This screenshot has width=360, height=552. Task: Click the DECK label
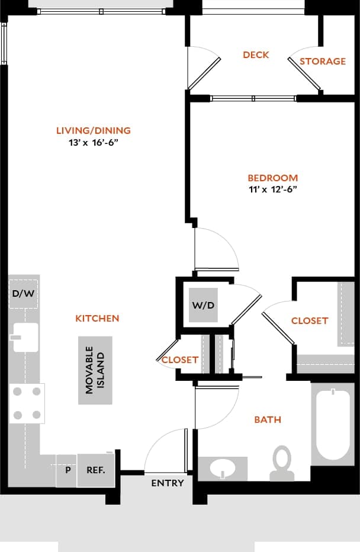(x=256, y=55)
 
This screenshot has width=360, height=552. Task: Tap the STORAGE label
(x=323, y=62)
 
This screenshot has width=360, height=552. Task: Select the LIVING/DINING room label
(x=94, y=131)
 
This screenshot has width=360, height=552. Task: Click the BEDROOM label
(x=272, y=178)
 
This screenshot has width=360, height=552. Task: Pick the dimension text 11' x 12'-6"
(x=272, y=190)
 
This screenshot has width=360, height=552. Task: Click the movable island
(x=95, y=370)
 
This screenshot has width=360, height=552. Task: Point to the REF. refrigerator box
(x=96, y=470)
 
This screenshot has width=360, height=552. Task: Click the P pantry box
(x=67, y=470)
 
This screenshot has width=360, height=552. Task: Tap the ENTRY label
(x=168, y=483)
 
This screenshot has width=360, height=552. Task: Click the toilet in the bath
(x=281, y=463)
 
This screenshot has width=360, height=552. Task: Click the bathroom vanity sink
(x=222, y=468)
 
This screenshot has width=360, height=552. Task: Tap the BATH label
(x=268, y=420)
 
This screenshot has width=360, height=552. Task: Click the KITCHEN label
(x=97, y=319)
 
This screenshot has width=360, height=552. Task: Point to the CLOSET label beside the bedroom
(x=310, y=320)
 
